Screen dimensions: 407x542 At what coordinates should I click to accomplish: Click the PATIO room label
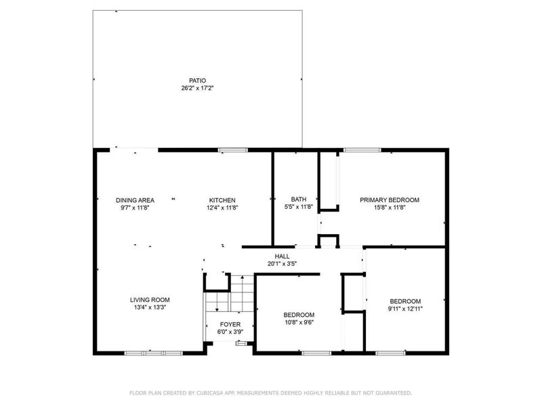point(198,80)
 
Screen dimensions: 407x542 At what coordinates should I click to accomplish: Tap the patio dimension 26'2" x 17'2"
point(198,88)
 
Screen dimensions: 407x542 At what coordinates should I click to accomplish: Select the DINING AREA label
point(135,200)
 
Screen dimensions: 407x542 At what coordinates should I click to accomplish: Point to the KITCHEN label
point(222,200)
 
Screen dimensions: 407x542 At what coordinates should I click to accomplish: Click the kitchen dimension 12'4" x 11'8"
point(222,208)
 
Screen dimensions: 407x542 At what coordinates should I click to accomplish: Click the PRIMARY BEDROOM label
point(390,200)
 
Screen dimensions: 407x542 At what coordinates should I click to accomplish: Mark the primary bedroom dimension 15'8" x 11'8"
point(390,208)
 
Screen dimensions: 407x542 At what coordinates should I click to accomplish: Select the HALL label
point(283,256)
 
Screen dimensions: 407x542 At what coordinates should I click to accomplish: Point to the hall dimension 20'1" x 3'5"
point(283,264)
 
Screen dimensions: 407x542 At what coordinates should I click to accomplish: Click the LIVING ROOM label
point(150,299)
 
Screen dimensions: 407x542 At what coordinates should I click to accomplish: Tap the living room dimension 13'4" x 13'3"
point(150,307)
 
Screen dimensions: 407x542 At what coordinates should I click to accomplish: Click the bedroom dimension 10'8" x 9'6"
point(298,322)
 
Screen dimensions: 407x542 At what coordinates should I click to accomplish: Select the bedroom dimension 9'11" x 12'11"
point(405,309)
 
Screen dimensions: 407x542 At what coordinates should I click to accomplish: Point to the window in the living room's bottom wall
point(154,353)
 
